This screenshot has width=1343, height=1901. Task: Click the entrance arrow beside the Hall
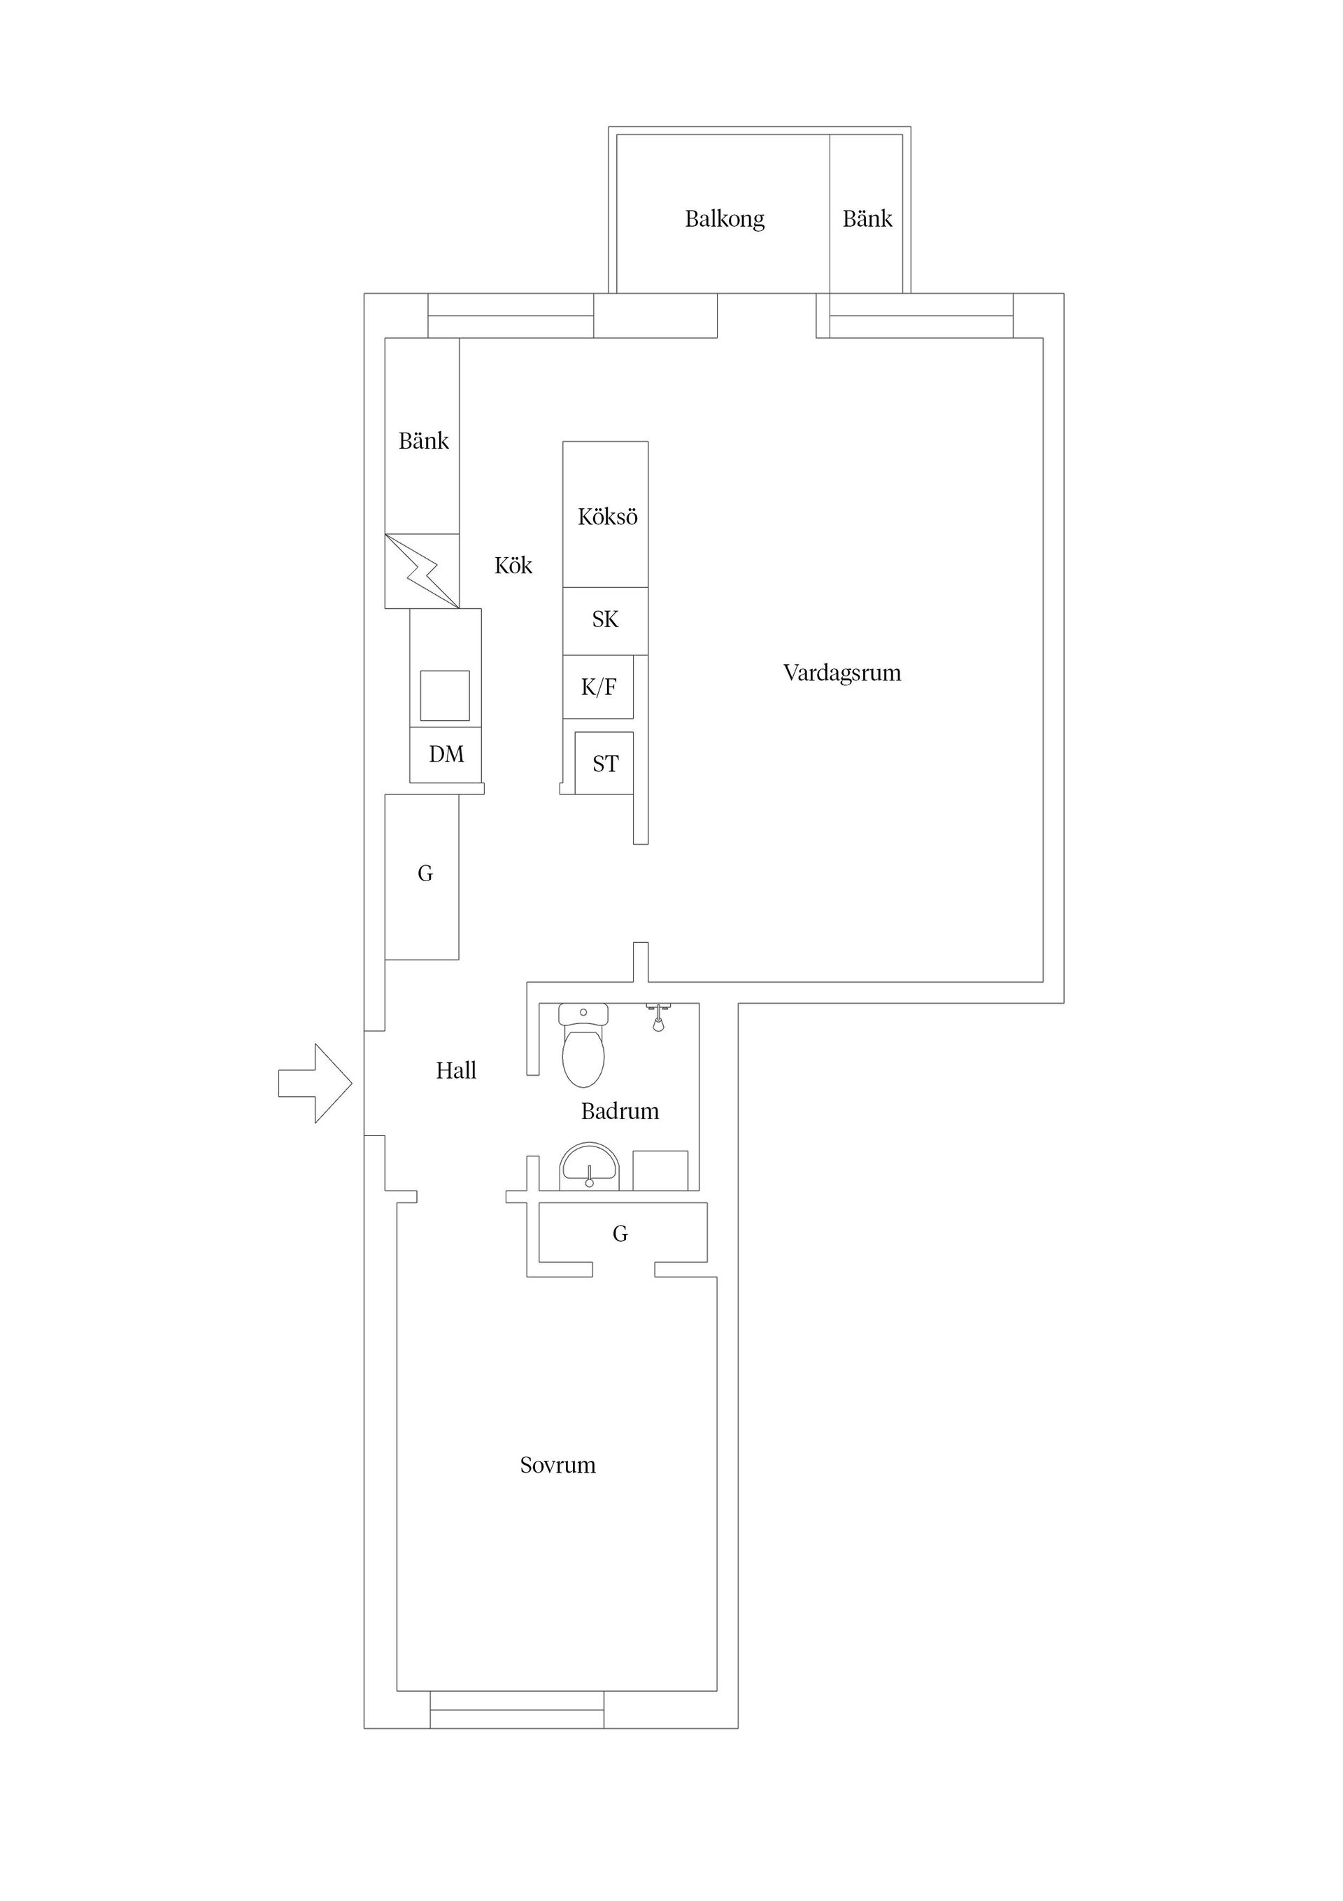tap(315, 1083)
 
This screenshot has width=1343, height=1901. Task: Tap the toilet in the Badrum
tap(583, 1044)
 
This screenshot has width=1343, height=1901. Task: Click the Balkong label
tap(725, 219)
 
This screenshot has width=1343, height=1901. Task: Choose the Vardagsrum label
tap(842, 673)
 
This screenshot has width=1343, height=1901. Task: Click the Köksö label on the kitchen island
tap(607, 517)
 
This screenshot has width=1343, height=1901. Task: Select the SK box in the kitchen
tap(606, 620)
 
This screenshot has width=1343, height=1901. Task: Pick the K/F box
tap(598, 687)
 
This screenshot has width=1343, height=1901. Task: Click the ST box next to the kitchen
tap(604, 764)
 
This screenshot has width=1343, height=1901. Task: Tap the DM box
tap(445, 755)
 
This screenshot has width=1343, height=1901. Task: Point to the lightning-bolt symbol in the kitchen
tap(422, 571)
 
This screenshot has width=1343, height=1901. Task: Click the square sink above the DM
tap(444, 696)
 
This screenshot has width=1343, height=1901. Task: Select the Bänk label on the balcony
tap(867, 218)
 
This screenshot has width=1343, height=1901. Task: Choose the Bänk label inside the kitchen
tap(424, 440)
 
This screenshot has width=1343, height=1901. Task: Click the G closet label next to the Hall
tap(425, 874)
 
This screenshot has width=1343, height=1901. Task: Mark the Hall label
tap(456, 1071)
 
